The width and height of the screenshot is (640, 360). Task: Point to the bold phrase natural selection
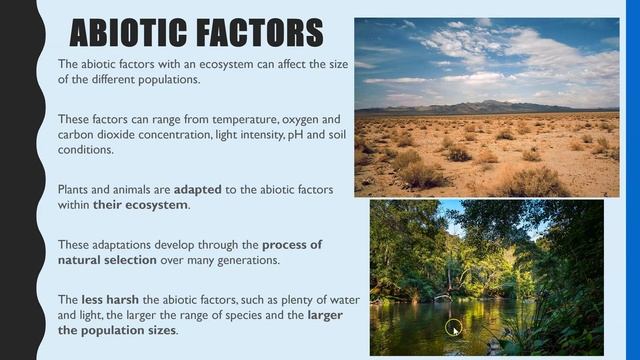pos(107,260)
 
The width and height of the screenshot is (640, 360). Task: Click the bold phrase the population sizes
pos(116,330)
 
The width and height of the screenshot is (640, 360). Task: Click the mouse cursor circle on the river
pos(453,327)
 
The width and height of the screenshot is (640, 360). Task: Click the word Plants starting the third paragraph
pos(75,188)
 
